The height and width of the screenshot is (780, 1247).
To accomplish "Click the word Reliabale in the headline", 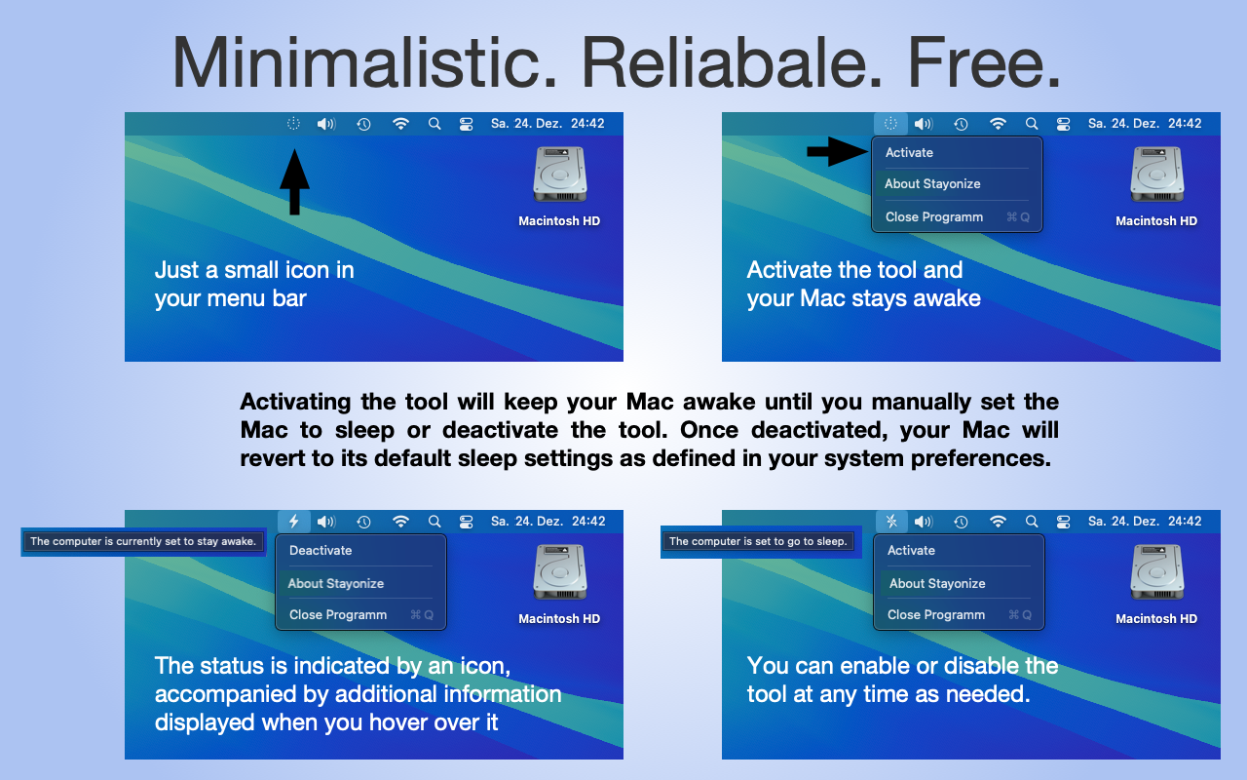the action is click(732, 62).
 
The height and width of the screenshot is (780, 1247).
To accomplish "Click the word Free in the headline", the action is click(984, 62).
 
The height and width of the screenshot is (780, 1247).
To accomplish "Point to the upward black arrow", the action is click(294, 181).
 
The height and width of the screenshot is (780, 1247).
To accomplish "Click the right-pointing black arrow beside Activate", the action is click(837, 151).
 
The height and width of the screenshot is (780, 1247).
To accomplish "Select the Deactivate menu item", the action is click(321, 551).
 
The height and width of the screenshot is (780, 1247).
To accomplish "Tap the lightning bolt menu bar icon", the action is click(294, 522).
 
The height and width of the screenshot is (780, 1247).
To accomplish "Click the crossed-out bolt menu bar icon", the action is click(891, 522).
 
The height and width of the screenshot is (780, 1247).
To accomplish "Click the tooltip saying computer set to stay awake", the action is click(143, 541).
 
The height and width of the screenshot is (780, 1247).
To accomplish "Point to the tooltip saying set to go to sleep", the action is click(758, 541).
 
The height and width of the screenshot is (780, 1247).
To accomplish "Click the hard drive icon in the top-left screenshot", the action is click(560, 174).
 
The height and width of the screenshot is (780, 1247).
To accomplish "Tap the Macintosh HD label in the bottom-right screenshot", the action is click(1156, 618).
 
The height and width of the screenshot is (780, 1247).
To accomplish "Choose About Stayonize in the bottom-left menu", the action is click(336, 583).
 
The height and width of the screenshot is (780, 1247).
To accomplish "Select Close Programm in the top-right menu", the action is click(934, 216).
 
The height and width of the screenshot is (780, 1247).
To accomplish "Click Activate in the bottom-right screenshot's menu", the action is click(911, 551).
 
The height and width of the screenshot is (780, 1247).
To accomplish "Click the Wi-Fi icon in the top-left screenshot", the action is click(400, 124).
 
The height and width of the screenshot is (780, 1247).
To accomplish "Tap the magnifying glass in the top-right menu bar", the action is click(1032, 124).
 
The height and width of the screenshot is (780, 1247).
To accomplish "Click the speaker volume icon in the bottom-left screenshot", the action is click(326, 522).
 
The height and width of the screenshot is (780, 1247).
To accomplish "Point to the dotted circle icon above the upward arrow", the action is click(293, 124).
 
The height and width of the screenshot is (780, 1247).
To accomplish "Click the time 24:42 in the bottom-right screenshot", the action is click(1185, 522).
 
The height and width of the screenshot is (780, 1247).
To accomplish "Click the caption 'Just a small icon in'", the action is click(254, 270).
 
